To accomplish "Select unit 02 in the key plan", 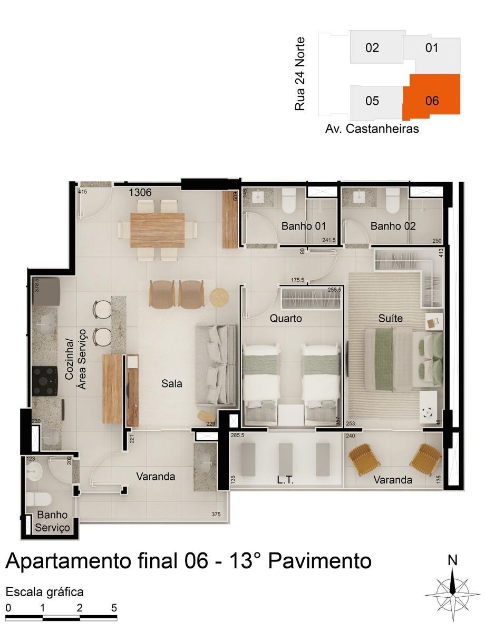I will pyautogui.click(x=372, y=48).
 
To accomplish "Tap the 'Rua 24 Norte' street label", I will pyautogui.click(x=300, y=73).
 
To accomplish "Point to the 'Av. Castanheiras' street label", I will pyautogui.click(x=372, y=129).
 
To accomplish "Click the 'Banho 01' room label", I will pyautogui.click(x=304, y=226).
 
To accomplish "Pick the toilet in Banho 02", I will pyautogui.click(x=393, y=199).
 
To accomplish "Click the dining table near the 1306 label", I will pyautogui.click(x=158, y=229).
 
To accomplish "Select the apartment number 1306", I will pyautogui.click(x=140, y=193).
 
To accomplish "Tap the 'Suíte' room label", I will pyautogui.click(x=391, y=318).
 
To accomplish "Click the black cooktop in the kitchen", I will pyautogui.click(x=44, y=377).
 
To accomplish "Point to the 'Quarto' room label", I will pyautogui.click(x=286, y=319).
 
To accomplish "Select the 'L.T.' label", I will pyautogui.click(x=285, y=480).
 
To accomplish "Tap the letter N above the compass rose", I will pyautogui.click(x=452, y=560).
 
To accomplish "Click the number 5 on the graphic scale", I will pyautogui.click(x=114, y=607).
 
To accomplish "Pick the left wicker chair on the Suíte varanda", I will pyautogui.click(x=364, y=460).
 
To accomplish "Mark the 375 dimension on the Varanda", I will pyautogui.click(x=215, y=515).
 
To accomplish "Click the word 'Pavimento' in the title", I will pyautogui.click(x=320, y=561).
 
